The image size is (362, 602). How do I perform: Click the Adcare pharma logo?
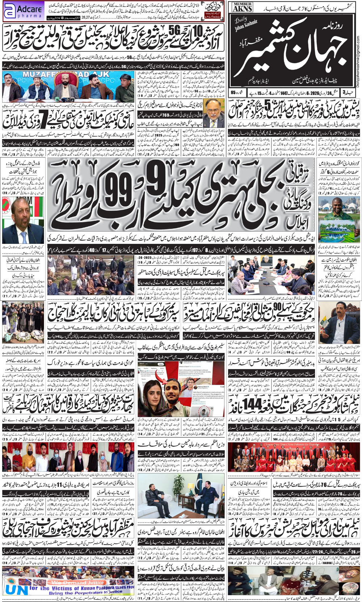coord(23,12)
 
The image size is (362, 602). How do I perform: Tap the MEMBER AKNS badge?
coord(242,7)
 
